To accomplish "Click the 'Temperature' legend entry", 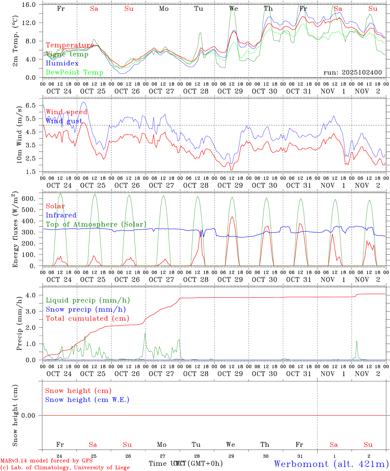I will click(70, 45).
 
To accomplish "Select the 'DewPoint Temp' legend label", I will click(74, 72).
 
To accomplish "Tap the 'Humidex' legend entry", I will click(62, 63).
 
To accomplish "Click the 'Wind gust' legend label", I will click(64, 121).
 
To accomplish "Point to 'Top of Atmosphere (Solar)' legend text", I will click(96, 224).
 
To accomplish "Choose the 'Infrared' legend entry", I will click(61, 215).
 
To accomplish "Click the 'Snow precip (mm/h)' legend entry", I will click(86, 309).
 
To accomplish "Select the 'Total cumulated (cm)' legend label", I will click(88, 319).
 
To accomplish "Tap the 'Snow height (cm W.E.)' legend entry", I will click(87, 400).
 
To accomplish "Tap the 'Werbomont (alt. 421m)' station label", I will click(331, 463).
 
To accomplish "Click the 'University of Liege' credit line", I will click(65, 467).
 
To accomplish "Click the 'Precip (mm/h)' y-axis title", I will click(19, 324).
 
